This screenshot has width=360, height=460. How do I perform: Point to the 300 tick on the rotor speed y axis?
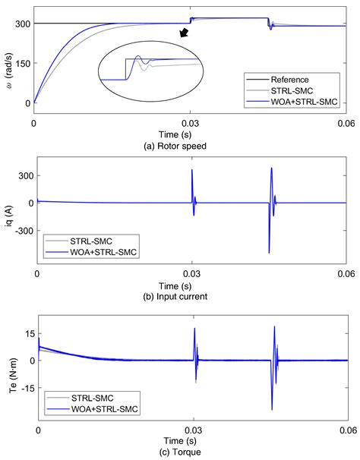[x=21, y=24]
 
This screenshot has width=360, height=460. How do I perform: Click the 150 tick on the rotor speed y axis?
[x=21, y=63]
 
